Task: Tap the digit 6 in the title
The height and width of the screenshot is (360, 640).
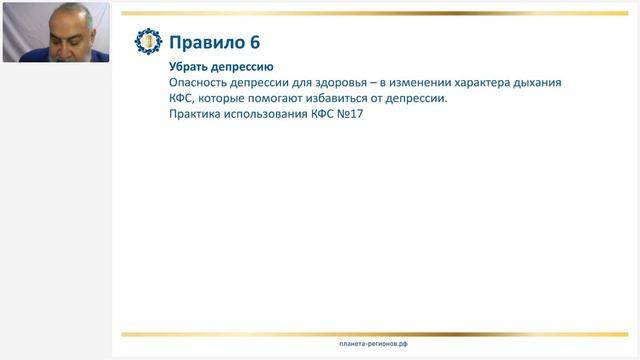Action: click(x=256, y=42)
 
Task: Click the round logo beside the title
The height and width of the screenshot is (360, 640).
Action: click(x=147, y=42)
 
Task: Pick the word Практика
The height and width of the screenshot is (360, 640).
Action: click(x=199, y=116)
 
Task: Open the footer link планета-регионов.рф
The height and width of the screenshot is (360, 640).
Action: click(x=373, y=344)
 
